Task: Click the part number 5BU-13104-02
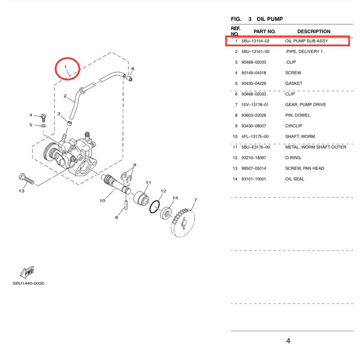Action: [x=255, y=41]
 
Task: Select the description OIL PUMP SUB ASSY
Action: [x=306, y=41]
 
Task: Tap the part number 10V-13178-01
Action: [x=255, y=105]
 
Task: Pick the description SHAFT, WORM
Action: [x=300, y=137]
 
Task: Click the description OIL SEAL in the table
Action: [x=295, y=179]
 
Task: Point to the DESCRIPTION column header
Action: [x=314, y=32]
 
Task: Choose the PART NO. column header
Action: [x=264, y=32]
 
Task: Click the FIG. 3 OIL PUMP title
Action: [x=257, y=19]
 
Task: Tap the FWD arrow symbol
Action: [x=27, y=272]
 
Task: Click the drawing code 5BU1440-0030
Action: [x=28, y=283]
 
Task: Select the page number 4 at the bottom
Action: [x=288, y=341]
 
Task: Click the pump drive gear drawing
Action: [x=183, y=223]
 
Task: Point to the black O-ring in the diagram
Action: [x=154, y=207]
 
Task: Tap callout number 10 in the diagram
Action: [x=102, y=201]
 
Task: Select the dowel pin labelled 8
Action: [x=126, y=205]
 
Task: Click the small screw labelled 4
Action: [x=43, y=118]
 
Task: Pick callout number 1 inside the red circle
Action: [x=65, y=67]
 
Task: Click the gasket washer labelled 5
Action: [x=43, y=126]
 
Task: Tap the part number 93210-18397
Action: [x=254, y=158]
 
